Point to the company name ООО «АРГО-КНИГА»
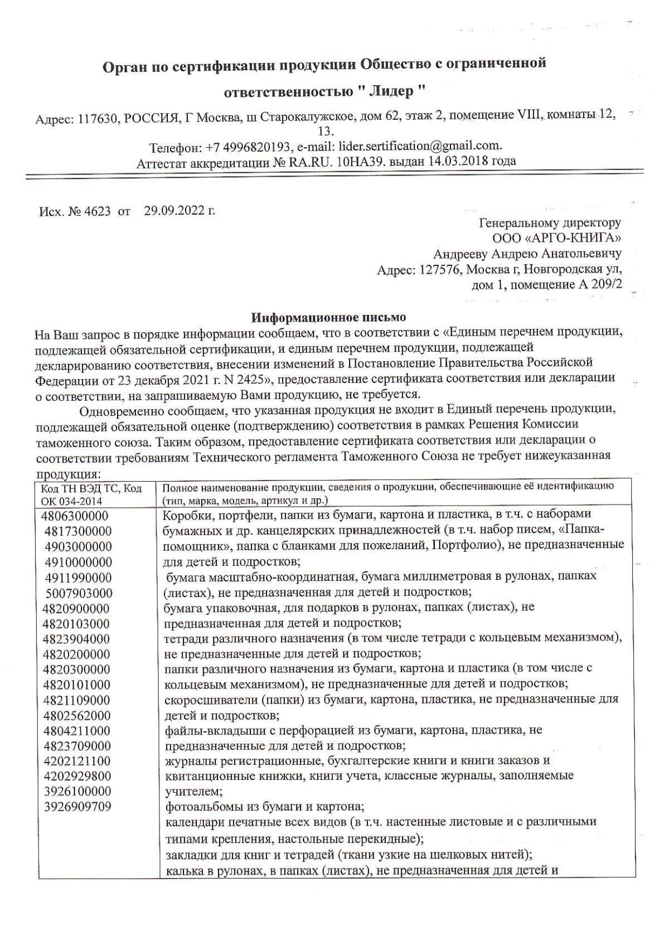(557, 239)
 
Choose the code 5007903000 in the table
(79, 593)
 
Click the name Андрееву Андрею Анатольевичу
(527, 254)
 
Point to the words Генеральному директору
(550, 223)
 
